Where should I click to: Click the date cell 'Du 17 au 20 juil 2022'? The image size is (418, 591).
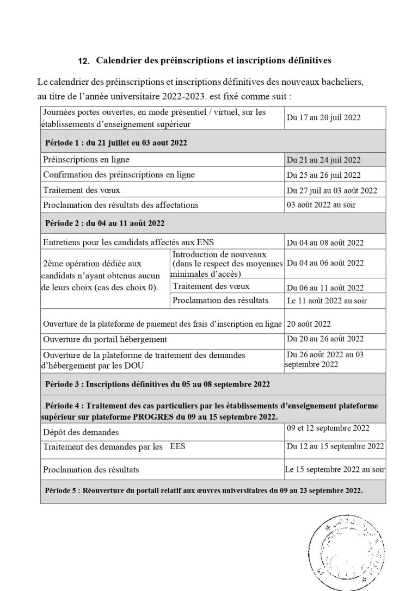[x=324, y=117]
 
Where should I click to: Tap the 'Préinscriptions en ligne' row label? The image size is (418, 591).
[x=86, y=160]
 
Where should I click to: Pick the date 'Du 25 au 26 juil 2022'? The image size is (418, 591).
[x=324, y=175]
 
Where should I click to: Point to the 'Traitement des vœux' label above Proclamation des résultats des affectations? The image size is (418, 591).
[x=82, y=190]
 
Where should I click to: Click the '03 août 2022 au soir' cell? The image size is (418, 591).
[x=321, y=205]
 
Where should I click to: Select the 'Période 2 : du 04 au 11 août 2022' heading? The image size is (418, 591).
[x=104, y=223]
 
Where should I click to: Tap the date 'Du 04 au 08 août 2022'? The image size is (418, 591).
[x=325, y=243]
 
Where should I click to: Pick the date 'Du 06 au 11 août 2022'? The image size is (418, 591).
[x=325, y=288]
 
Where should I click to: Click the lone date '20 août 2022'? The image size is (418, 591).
[x=309, y=324]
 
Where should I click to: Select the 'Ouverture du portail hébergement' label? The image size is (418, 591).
[x=105, y=339]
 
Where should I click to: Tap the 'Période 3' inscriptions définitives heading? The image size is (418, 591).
[x=158, y=384]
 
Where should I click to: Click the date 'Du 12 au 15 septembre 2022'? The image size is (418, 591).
[x=335, y=447]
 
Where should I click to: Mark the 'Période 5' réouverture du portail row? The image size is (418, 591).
[x=204, y=490]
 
